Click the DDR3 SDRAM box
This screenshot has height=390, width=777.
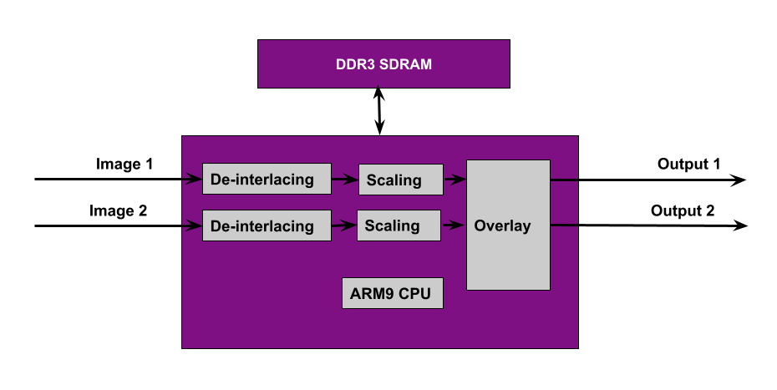383,64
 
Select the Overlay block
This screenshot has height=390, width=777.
508,225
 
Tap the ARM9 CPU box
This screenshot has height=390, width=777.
392,293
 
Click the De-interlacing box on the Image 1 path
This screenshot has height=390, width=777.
262,179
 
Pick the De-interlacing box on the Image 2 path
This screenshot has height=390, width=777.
262,225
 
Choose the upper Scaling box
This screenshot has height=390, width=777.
399,179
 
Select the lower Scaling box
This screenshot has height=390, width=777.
399,225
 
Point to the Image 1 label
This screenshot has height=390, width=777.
124,164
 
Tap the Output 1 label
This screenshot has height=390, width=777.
688,164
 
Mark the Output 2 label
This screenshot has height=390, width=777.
683,210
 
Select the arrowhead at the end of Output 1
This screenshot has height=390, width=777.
739,180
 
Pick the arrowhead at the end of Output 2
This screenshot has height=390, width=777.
739,225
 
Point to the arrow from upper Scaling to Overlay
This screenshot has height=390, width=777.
454,179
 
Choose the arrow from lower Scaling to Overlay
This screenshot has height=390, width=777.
454,225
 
